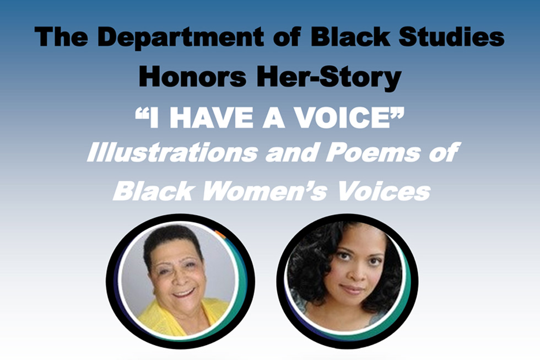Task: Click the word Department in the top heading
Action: pos(181,37)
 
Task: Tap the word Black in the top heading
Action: pos(350,36)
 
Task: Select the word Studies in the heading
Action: pos(451,36)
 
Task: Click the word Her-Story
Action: pos(328,78)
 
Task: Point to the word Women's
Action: pos(264,191)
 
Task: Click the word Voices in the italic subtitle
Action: pos(384,191)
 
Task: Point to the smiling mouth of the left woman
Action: pos(183,293)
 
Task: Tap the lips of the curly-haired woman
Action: pos(353,289)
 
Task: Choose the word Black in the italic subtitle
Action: pos(153,191)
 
